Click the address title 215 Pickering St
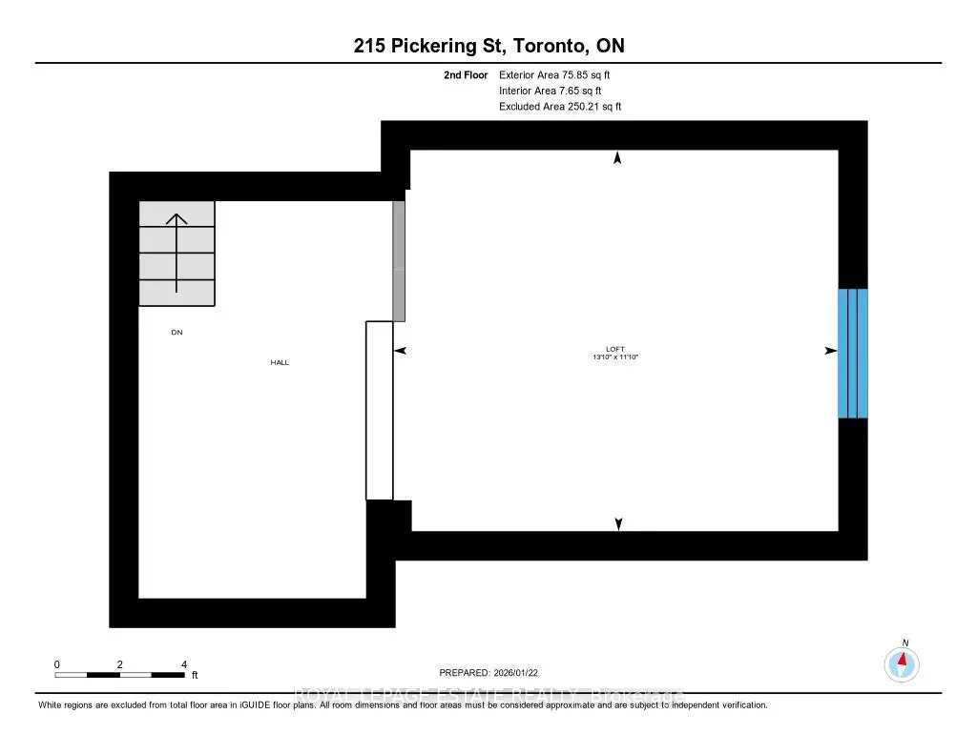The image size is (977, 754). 488,46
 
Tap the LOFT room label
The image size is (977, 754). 614,349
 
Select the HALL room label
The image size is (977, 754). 280,362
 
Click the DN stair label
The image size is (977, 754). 177,333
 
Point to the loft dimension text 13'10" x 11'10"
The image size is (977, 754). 614,357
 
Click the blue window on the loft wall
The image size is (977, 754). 853,353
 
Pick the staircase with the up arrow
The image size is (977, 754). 177,254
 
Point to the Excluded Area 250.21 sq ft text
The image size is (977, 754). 560,107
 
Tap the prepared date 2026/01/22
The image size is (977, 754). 494,672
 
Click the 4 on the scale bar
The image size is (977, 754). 184,663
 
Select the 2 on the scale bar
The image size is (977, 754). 120,663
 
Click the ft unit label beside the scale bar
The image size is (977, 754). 195,675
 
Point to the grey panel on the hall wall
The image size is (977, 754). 400,260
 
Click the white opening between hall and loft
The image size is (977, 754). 380,410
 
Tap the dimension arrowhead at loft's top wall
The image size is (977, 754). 617,158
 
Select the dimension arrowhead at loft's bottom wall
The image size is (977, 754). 618,523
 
